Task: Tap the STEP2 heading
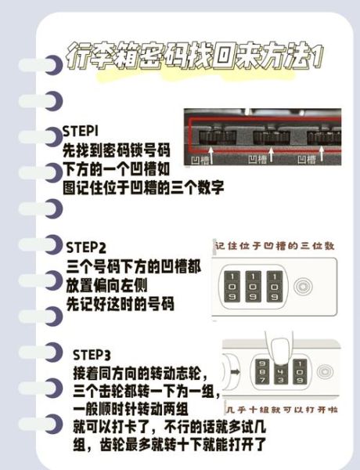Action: pyautogui.click(x=87, y=248)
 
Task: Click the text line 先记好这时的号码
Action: pyautogui.click(x=120, y=304)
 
